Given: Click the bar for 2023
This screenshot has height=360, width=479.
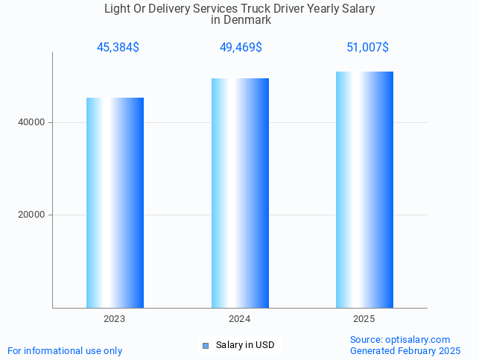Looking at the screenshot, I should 115,203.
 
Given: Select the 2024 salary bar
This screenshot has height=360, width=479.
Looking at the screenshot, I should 240,193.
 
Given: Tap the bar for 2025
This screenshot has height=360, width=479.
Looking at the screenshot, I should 364,189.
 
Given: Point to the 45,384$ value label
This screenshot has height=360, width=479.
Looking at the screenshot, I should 118,48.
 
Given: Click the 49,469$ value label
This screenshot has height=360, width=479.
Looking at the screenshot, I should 240,48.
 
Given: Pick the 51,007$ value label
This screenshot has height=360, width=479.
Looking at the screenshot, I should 367,48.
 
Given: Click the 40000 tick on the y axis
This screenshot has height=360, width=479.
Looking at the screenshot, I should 31,122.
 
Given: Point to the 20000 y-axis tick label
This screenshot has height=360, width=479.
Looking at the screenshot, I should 31,215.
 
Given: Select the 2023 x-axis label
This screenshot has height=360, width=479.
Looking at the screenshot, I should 115,318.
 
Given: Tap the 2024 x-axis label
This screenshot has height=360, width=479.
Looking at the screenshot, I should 240,318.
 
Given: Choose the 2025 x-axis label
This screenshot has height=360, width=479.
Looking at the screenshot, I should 364,318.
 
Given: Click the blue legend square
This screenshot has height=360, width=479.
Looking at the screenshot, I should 206,345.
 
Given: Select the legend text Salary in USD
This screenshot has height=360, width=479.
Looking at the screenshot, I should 245,345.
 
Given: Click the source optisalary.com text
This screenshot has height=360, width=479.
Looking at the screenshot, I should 400,340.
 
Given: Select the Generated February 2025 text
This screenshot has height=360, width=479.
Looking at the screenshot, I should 405,350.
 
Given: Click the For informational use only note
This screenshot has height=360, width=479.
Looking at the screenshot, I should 65,350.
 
